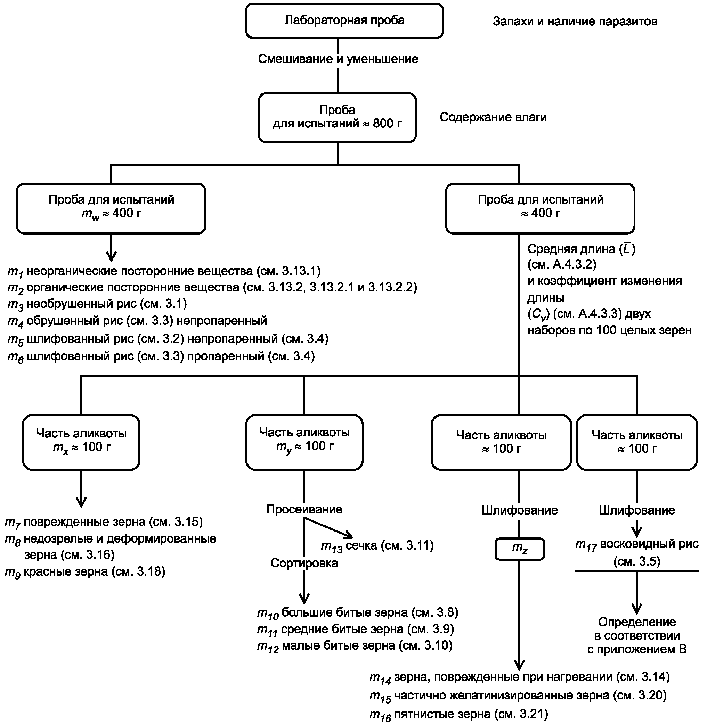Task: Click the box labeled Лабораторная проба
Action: point(344,21)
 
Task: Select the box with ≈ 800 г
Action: point(337,118)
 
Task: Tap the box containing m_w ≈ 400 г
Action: point(111,208)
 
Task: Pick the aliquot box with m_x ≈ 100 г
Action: point(81,442)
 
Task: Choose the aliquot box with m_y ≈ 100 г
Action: point(304,442)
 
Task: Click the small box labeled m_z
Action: point(520,549)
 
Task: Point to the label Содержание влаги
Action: point(493,117)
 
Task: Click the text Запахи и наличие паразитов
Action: point(575,22)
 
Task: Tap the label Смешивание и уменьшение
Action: point(338,59)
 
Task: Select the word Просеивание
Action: point(304,509)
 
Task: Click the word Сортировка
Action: point(304,563)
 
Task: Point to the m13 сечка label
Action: point(377,546)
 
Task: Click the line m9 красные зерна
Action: point(85,572)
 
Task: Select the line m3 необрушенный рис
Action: point(97,304)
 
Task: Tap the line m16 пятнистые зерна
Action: point(458,714)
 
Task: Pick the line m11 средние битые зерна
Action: point(355,630)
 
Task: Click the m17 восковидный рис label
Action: point(637,552)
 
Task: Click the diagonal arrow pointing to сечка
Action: point(328,528)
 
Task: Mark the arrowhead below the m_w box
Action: point(111,256)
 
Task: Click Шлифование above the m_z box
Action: point(520,510)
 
